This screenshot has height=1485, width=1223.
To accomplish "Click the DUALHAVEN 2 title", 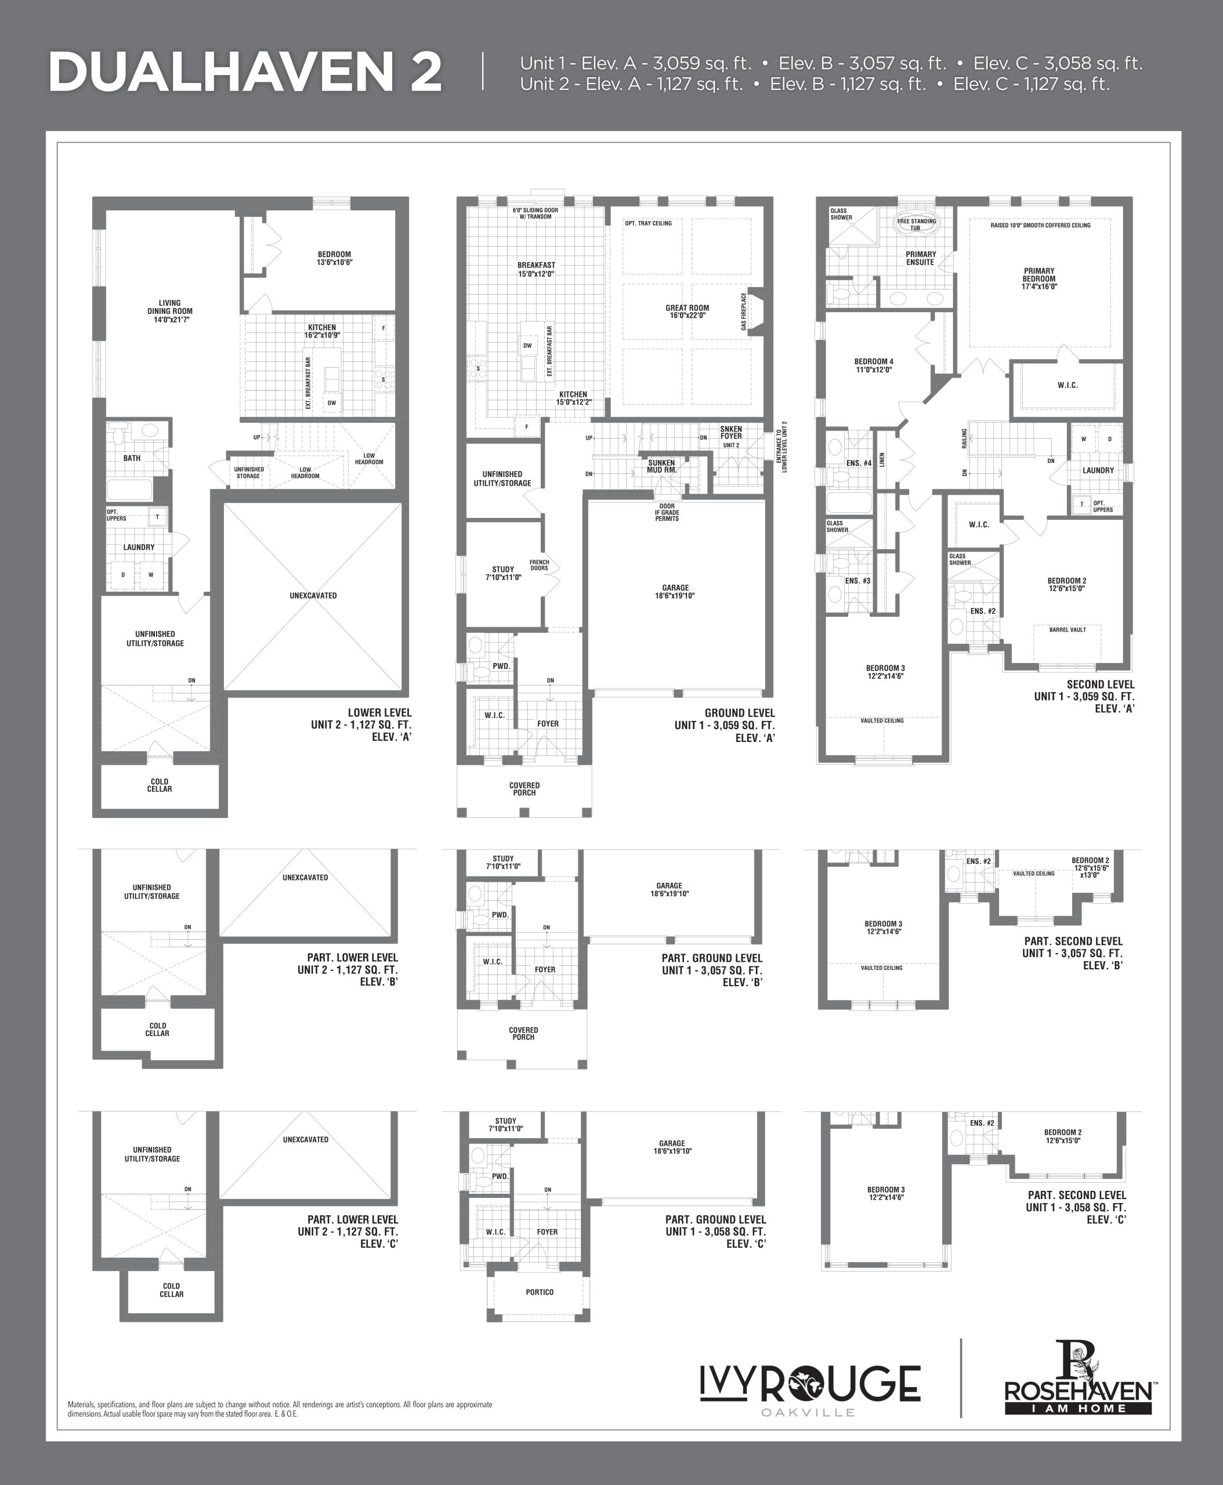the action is coord(245,73).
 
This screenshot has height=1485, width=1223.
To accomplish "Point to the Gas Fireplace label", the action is coord(743,312).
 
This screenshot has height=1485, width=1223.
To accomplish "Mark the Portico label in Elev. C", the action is coord(540,1292).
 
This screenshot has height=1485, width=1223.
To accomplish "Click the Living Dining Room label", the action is coord(170,312).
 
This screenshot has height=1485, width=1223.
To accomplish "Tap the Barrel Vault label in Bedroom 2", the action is coord(1068,630).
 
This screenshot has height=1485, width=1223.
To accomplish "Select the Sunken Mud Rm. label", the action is coord(661,466).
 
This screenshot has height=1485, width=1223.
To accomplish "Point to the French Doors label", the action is coord(539,565).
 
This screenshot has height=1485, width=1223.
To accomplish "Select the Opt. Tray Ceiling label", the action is coord(648,223).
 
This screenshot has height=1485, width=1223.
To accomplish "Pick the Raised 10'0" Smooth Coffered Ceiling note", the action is coord(1040,226).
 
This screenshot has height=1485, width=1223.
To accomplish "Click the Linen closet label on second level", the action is coord(881,460).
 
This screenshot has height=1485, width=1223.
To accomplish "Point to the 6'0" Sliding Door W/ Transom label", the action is coord(535,213).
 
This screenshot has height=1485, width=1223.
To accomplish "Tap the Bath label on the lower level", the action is coord(132,458).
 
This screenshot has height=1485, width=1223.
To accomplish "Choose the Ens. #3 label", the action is coord(857,581).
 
